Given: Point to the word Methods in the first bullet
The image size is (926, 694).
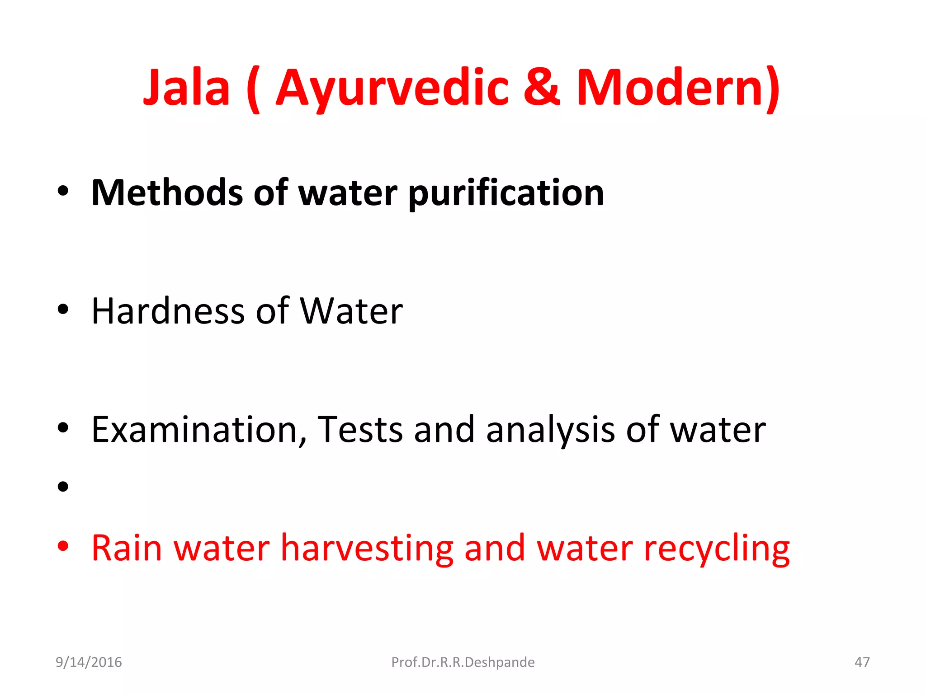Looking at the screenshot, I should (x=167, y=193).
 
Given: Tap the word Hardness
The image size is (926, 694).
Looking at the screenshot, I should (x=168, y=311).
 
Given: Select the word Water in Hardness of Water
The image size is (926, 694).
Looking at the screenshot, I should (x=351, y=311).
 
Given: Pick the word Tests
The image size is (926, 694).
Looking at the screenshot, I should (x=360, y=429).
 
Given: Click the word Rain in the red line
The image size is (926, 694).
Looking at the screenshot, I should (x=127, y=548).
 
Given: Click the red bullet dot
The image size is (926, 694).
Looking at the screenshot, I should (x=63, y=546).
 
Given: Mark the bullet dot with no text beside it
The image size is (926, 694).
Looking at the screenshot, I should (x=63, y=487).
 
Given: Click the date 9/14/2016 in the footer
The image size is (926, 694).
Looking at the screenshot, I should (x=89, y=662).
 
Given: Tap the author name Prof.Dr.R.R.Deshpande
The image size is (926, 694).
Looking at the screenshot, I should (x=463, y=662).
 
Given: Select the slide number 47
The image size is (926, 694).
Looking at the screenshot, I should (x=862, y=662).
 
